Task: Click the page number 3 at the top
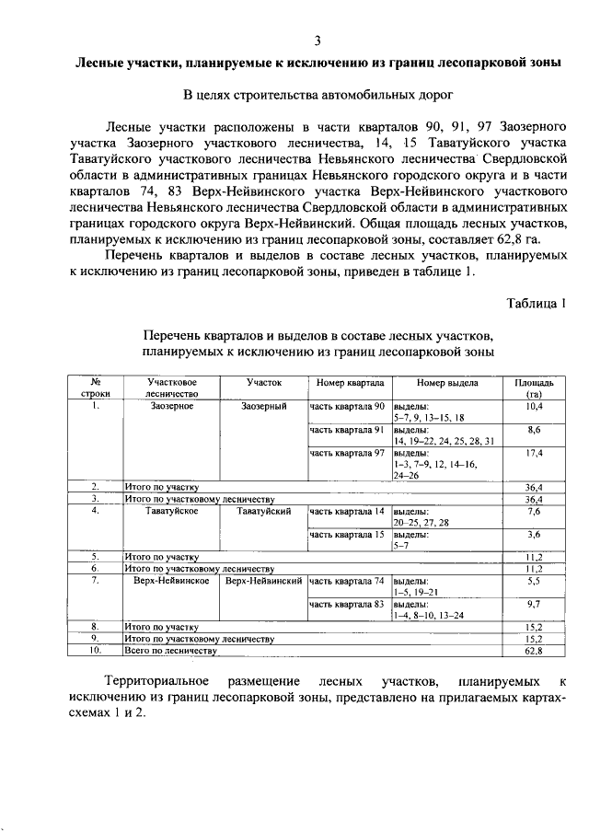pos(317,41)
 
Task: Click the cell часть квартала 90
pos(346,406)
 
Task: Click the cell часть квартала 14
pos(346,511)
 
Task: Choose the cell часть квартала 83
pos(346,605)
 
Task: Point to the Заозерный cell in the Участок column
pos(264,406)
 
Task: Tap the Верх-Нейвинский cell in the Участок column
pos(264,582)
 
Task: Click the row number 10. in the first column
pos(95,651)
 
